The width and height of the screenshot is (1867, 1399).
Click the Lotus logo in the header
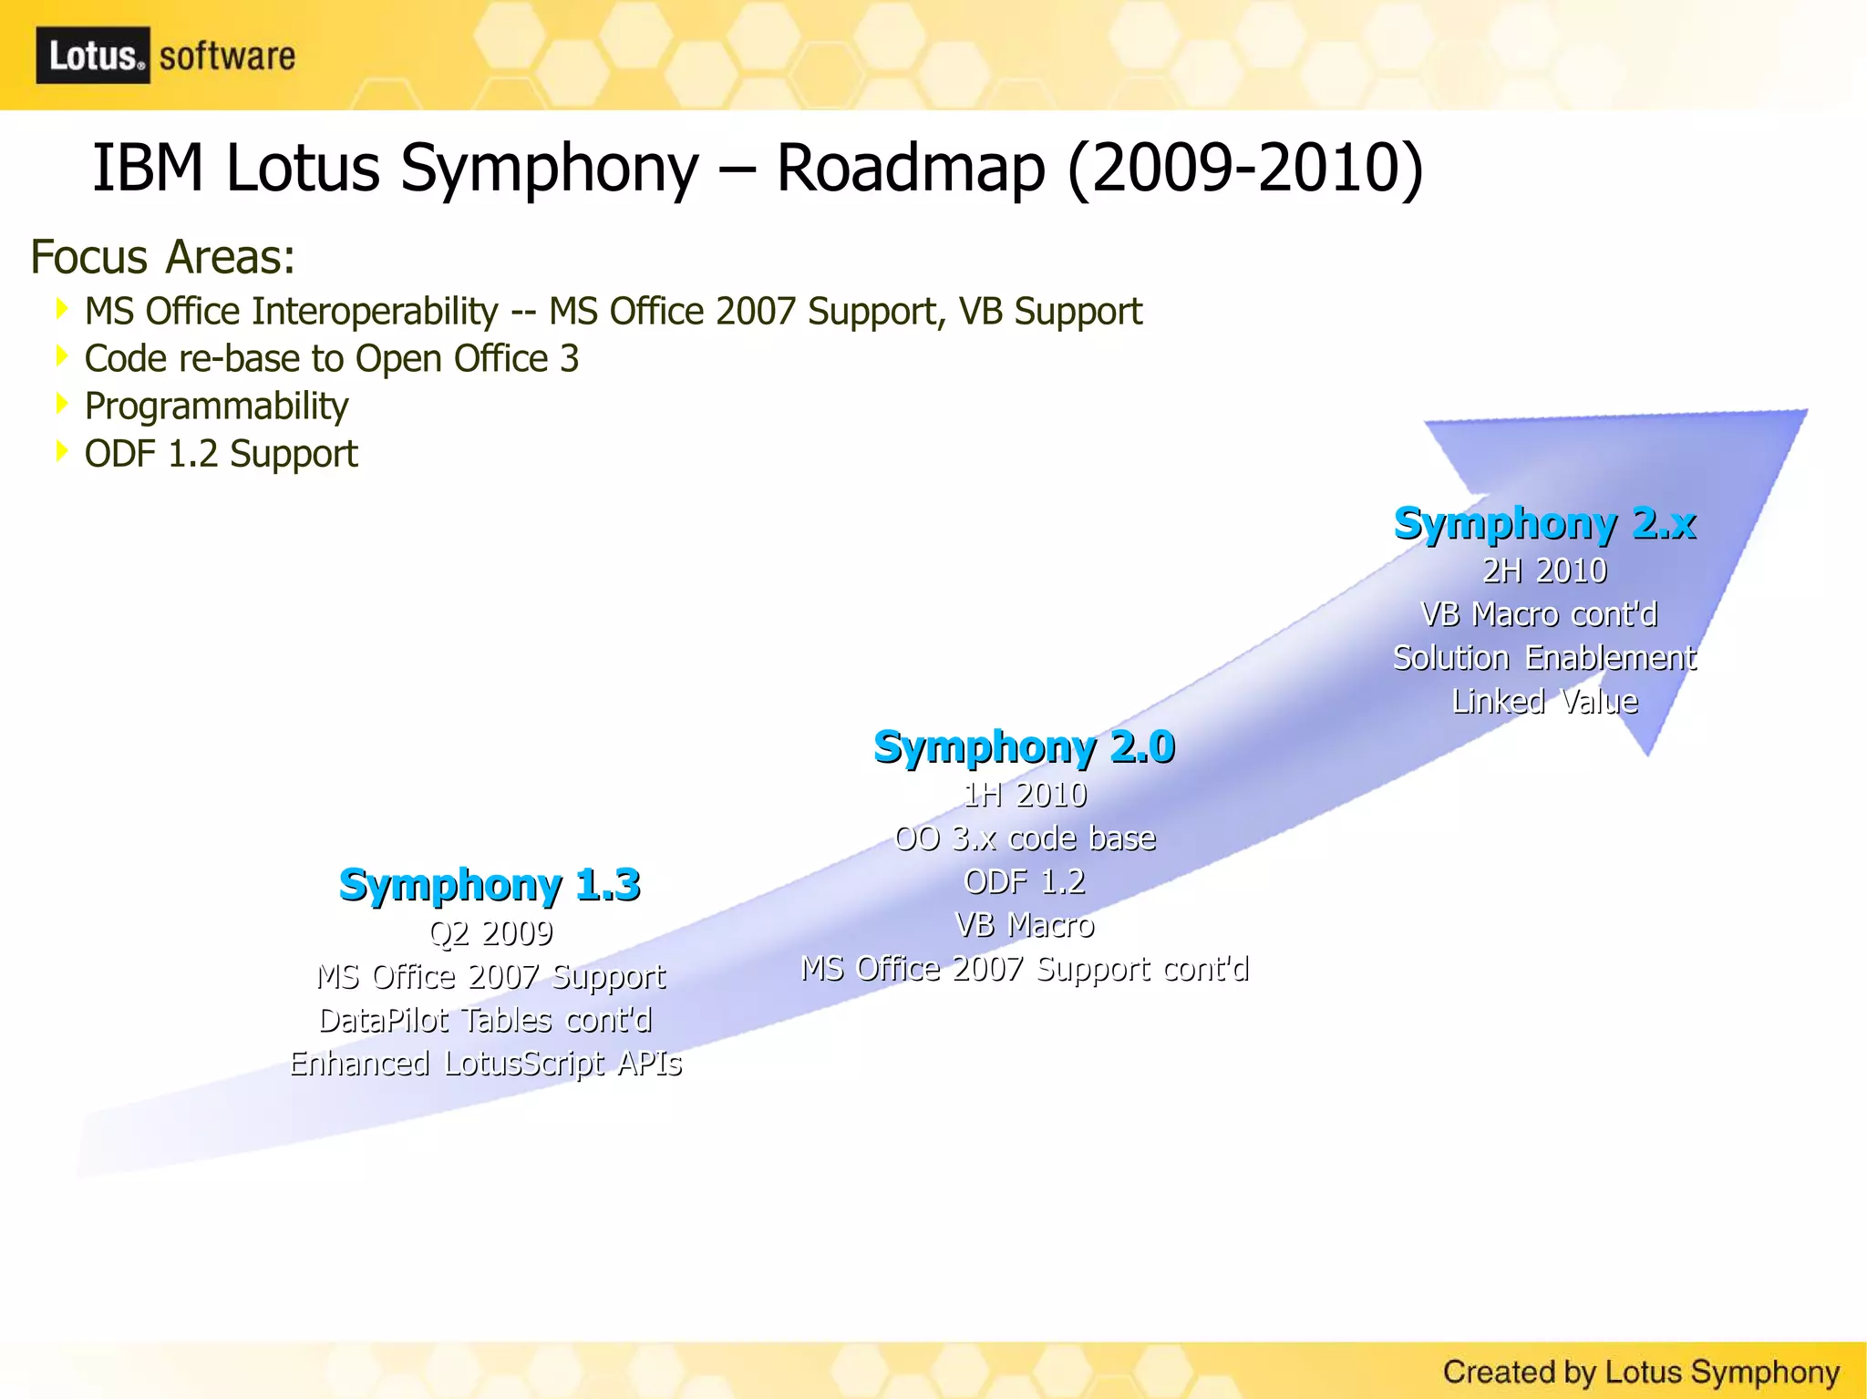(93, 56)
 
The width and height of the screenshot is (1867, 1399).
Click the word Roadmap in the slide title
(909, 169)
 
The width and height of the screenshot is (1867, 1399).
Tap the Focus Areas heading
(163, 257)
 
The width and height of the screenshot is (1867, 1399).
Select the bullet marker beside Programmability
(62, 403)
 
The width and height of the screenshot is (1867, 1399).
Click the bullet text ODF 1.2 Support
(221, 454)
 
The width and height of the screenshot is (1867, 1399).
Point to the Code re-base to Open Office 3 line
(332, 359)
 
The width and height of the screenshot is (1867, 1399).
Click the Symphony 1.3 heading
(490, 885)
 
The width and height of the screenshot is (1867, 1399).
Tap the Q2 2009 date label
(490, 932)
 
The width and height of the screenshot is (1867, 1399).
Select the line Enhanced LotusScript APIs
(486, 1064)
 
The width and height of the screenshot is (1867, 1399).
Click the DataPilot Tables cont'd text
(486, 1020)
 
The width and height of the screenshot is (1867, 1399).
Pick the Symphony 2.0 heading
(1024, 747)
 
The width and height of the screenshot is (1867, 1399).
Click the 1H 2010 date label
(1025, 795)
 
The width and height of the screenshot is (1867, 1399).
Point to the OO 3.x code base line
(1025, 838)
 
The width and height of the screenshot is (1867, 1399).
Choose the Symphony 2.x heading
(1544, 524)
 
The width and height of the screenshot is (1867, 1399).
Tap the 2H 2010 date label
(1544, 571)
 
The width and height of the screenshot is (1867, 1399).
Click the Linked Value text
(1544, 702)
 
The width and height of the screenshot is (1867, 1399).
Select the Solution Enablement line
(1544, 658)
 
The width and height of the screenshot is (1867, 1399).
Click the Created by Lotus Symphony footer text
(1641, 1372)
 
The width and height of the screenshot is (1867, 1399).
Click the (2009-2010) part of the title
(1245, 169)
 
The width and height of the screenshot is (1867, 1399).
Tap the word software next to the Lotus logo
(227, 57)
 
